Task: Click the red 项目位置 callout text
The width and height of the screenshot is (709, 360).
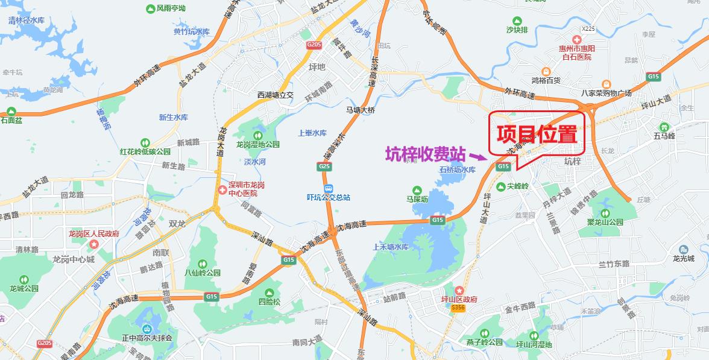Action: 536,134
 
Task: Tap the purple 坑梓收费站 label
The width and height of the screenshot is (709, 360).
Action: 425,154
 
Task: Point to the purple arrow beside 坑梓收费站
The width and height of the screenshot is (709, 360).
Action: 476,157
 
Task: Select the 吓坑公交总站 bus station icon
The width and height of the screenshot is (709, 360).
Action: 328,186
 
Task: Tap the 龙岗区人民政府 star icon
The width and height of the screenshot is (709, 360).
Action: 94,244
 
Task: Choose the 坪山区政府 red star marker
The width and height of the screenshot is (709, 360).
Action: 459,291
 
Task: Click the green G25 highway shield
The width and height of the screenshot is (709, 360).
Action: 324,166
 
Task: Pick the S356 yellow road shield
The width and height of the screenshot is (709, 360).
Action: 458,308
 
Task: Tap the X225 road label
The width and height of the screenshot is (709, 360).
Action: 588,28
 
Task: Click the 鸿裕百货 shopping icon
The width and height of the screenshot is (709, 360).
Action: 546,71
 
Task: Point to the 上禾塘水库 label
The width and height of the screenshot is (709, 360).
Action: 391,247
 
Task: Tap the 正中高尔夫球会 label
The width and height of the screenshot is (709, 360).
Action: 147,338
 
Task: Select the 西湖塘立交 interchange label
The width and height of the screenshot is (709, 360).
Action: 275,95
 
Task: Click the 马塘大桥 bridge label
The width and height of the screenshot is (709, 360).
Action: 360,110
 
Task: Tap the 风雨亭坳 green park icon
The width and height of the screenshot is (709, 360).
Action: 150,8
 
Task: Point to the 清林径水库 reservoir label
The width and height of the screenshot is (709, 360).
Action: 27,20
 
